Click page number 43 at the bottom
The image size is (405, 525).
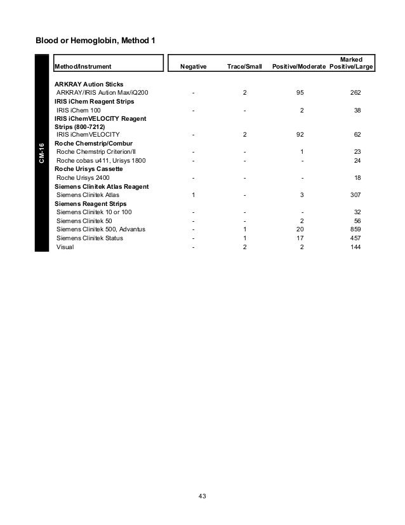pyautogui.click(x=202, y=496)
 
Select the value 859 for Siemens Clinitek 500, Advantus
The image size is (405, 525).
pyautogui.click(x=355, y=229)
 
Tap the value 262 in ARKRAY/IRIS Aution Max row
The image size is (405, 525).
pyautogui.click(x=355, y=93)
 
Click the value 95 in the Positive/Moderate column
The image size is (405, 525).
pyautogui.click(x=302, y=93)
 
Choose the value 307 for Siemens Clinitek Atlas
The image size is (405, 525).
pyautogui.click(x=355, y=194)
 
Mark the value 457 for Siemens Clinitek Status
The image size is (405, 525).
pyautogui.click(x=355, y=238)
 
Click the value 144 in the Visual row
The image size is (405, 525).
pyautogui.click(x=355, y=247)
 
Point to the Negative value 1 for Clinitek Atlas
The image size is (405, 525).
pyautogui.click(x=194, y=194)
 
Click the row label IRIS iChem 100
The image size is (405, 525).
pyautogui.click(x=79, y=110)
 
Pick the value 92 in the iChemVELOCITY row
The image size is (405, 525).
pyautogui.click(x=302, y=135)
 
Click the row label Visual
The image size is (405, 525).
pyautogui.click(x=65, y=247)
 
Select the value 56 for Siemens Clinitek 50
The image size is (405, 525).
pyautogui.click(x=357, y=220)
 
